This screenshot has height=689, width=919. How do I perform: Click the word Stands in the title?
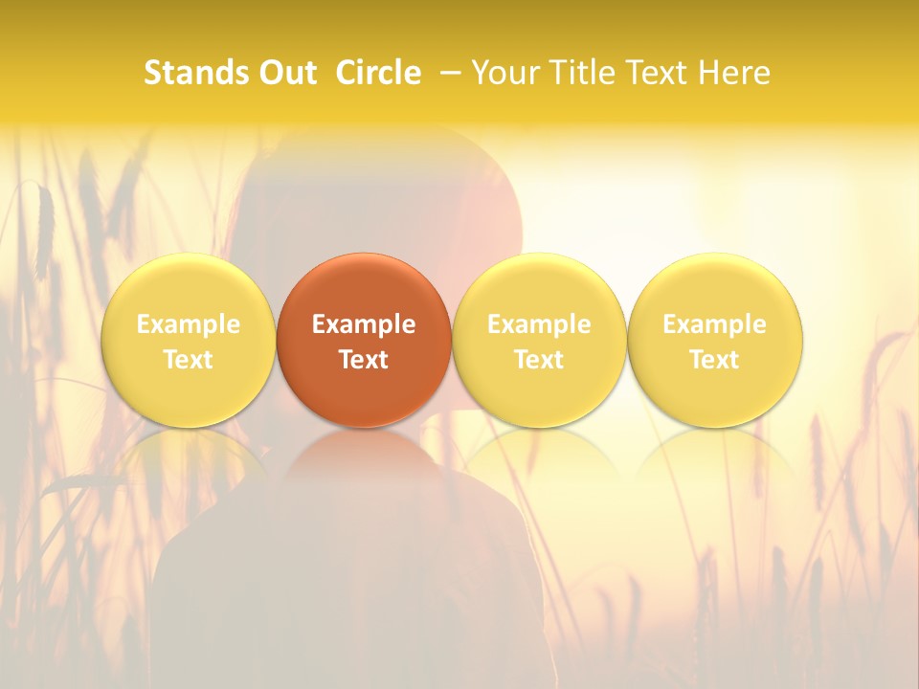tap(194, 73)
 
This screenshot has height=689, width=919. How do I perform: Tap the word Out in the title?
tap(284, 73)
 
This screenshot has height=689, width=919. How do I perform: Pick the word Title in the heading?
tap(581, 73)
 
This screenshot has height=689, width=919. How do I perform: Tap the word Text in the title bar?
tap(657, 73)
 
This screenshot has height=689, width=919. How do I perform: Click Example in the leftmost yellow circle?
tap(188, 324)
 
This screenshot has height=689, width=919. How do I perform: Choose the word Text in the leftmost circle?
tap(188, 360)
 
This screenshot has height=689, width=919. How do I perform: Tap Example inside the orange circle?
tap(364, 324)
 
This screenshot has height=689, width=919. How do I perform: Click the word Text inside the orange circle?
tap(364, 360)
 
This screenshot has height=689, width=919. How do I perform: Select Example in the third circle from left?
tap(539, 324)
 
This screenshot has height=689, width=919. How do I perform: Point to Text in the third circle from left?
tap(539, 360)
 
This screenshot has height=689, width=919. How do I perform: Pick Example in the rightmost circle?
tap(714, 324)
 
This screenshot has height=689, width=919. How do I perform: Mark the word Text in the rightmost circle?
tap(714, 360)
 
